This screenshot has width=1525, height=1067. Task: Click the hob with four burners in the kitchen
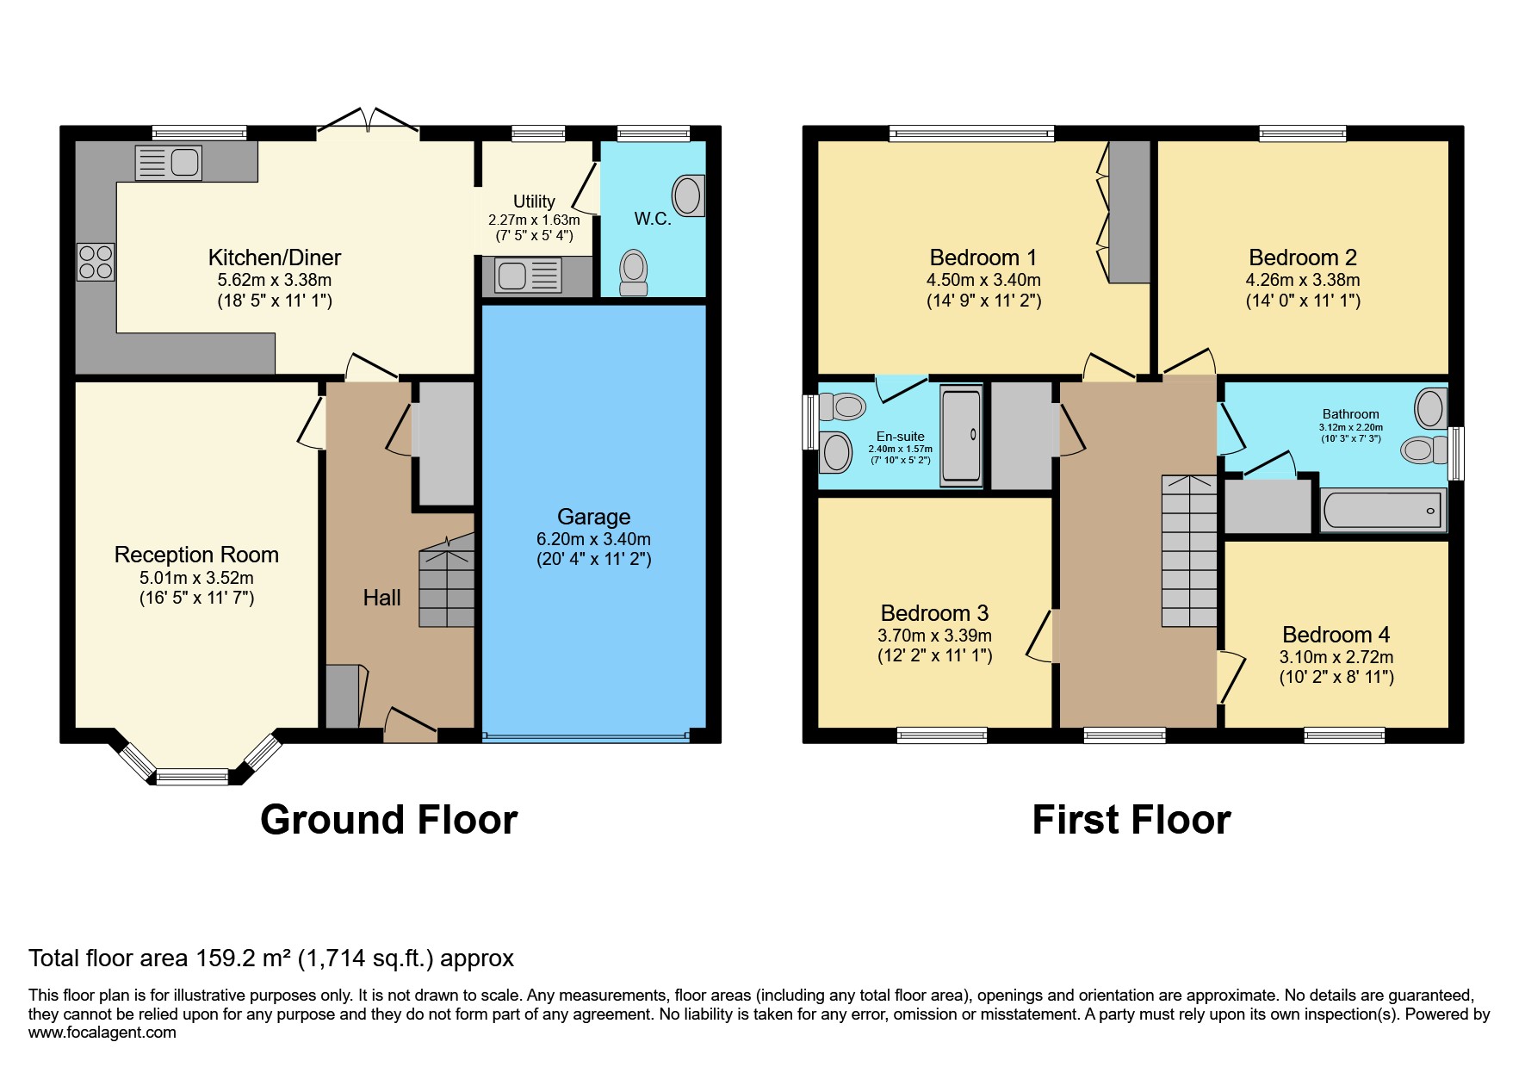click(x=96, y=262)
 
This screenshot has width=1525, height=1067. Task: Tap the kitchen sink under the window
click(x=169, y=163)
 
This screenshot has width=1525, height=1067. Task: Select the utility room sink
click(x=528, y=276)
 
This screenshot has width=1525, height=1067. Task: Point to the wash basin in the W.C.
click(x=688, y=195)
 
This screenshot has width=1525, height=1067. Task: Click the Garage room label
click(x=593, y=517)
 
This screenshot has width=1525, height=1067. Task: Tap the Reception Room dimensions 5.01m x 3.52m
click(x=196, y=577)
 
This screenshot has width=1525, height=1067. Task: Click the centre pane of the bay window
click(x=192, y=777)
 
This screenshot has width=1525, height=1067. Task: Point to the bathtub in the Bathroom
click(x=1383, y=510)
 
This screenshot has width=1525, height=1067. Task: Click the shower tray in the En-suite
click(x=961, y=435)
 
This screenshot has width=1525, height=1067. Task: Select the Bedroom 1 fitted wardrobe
click(x=1129, y=211)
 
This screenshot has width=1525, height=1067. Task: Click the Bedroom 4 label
click(x=1336, y=635)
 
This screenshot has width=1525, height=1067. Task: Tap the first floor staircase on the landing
click(x=1189, y=551)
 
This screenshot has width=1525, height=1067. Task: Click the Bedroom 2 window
click(x=1302, y=133)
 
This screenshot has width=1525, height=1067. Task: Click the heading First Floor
click(x=1131, y=820)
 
